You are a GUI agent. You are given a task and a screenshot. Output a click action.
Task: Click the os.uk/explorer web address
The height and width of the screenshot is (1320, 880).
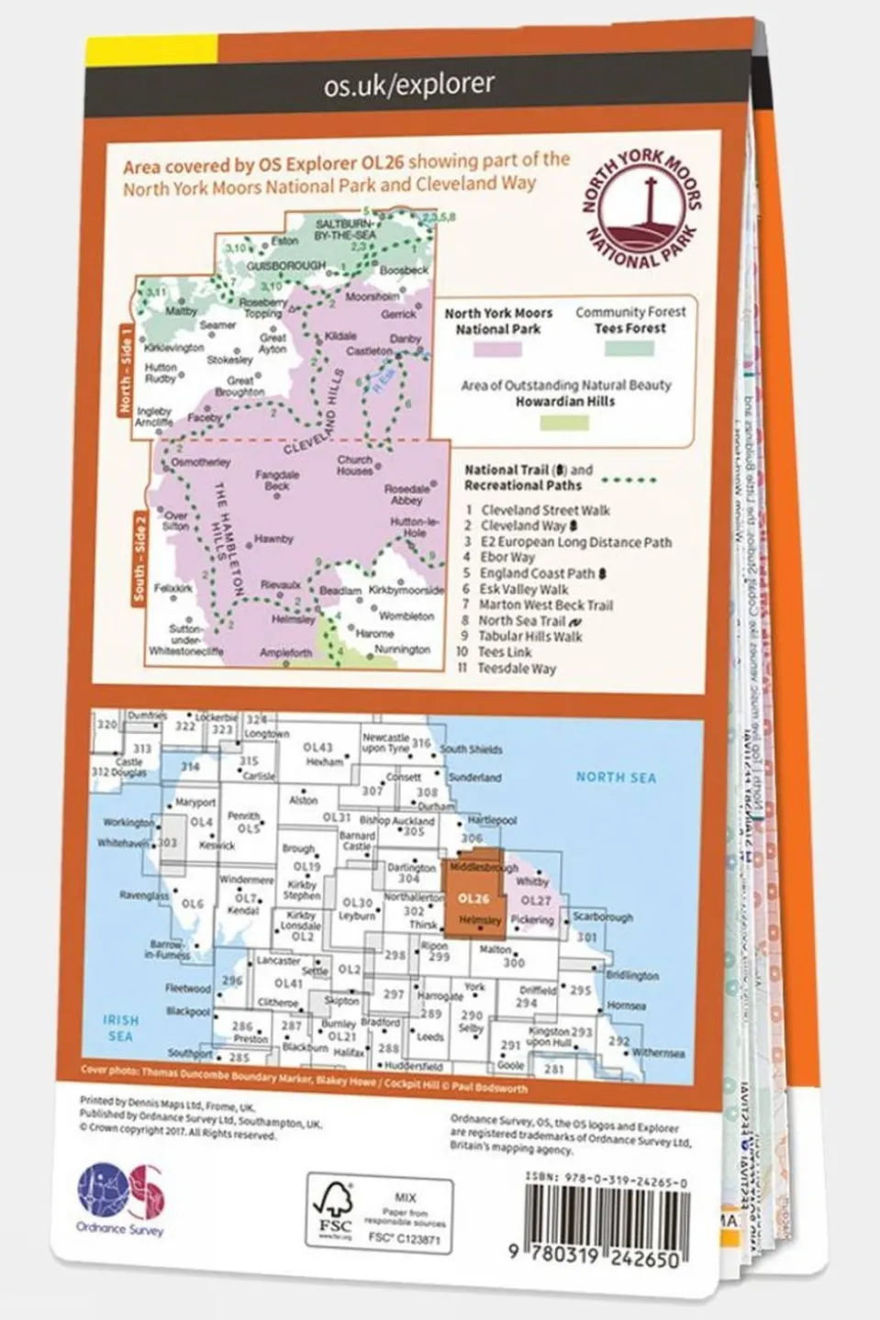click(408, 85)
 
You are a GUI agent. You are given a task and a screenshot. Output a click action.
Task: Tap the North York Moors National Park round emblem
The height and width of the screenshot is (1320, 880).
click(641, 210)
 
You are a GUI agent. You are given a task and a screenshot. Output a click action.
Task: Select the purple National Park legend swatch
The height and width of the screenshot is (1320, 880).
click(497, 349)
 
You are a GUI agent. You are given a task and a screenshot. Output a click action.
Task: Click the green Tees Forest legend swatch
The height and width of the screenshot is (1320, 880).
click(629, 349)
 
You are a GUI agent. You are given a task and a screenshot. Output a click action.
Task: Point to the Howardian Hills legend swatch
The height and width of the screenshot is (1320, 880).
click(564, 422)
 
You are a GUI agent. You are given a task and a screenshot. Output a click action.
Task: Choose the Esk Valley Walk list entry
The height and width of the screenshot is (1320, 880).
click(524, 589)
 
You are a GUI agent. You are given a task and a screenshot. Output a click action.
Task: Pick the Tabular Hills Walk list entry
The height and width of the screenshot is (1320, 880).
click(530, 636)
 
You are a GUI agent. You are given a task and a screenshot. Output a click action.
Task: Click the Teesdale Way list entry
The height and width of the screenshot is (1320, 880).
click(517, 669)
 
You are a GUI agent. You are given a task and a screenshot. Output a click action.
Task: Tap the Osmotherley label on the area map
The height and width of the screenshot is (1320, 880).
click(201, 463)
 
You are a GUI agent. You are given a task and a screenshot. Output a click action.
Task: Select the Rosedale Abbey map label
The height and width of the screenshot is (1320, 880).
click(407, 494)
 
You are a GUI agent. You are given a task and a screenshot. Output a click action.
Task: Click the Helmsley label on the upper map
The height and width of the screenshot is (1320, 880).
click(294, 620)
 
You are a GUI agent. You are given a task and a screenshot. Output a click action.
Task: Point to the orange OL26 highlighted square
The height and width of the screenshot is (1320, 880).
click(474, 899)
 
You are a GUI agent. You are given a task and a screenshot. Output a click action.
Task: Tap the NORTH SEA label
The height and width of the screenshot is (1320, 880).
click(616, 777)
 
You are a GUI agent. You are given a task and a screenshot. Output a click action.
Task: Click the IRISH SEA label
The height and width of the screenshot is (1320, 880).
click(120, 1027)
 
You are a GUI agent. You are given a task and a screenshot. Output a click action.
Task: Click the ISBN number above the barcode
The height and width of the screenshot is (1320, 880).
click(606, 1183)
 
